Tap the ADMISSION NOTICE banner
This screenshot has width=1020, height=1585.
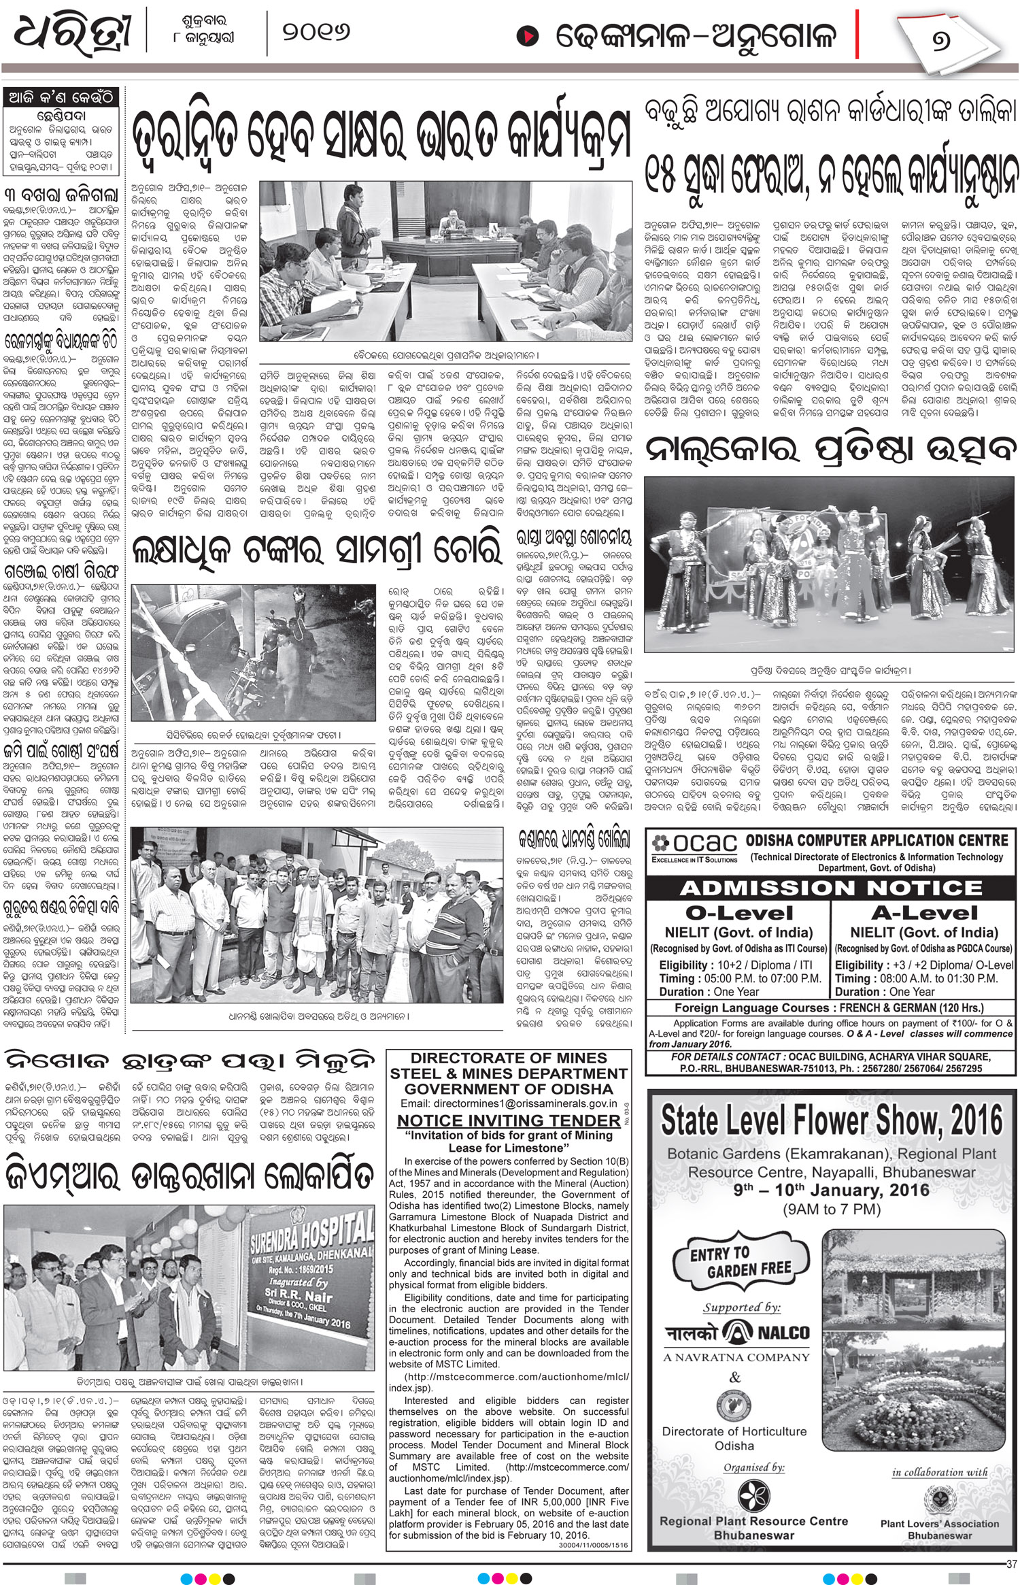830,888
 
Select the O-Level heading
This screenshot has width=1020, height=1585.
738,914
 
